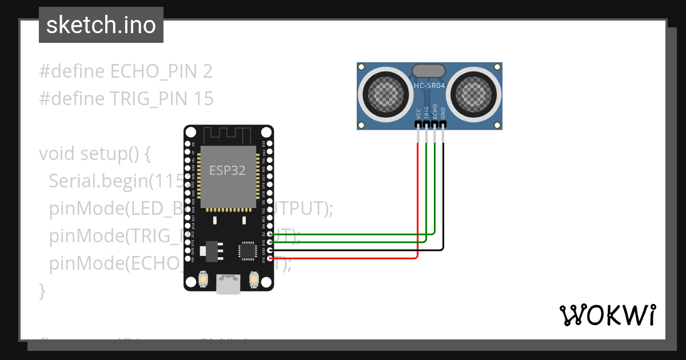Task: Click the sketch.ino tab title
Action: pos(101,25)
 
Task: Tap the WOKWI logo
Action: pos(607,315)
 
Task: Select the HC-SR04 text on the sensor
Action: pos(429,86)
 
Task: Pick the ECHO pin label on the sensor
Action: pos(435,111)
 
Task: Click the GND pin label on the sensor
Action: pos(443,112)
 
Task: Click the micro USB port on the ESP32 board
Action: pos(228,284)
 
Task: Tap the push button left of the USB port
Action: pos(202,279)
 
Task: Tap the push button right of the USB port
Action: pos(254,279)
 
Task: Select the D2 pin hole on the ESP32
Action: pos(270,234)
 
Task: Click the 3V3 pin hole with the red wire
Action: pos(270,259)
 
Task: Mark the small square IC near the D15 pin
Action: pos(248,250)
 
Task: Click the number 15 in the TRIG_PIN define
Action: pos(204,99)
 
